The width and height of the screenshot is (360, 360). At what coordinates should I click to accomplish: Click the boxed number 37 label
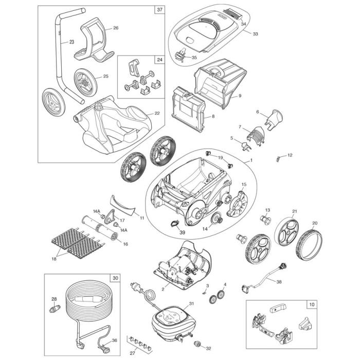160,10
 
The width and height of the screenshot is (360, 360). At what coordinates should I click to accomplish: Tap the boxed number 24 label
159,60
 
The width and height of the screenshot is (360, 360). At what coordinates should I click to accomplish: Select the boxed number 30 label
114,278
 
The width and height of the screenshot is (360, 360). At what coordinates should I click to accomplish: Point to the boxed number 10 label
313,304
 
